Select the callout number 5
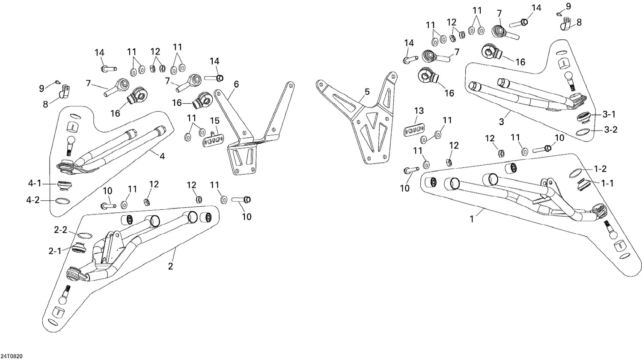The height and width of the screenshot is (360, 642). click(x=367, y=92)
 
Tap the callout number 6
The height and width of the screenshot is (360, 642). click(x=236, y=84)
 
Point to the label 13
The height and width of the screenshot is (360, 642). click(x=419, y=111)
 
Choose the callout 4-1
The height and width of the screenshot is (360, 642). click(x=35, y=184)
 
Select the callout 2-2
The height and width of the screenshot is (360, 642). click(x=60, y=230)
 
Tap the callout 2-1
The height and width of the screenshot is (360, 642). click(x=55, y=251)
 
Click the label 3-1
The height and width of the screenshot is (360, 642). click(x=609, y=114)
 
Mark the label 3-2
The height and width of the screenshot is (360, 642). click(x=611, y=130)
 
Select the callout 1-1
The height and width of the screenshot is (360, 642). click(x=607, y=183)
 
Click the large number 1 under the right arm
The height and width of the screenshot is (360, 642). click(x=472, y=219)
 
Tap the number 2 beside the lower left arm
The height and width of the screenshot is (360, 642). click(x=170, y=266)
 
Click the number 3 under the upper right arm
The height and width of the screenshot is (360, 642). click(x=501, y=122)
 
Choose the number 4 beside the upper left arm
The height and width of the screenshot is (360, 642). click(x=162, y=157)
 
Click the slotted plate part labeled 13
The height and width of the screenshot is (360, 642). click(x=413, y=129)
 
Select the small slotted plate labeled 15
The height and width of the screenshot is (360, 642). click(x=213, y=140)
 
